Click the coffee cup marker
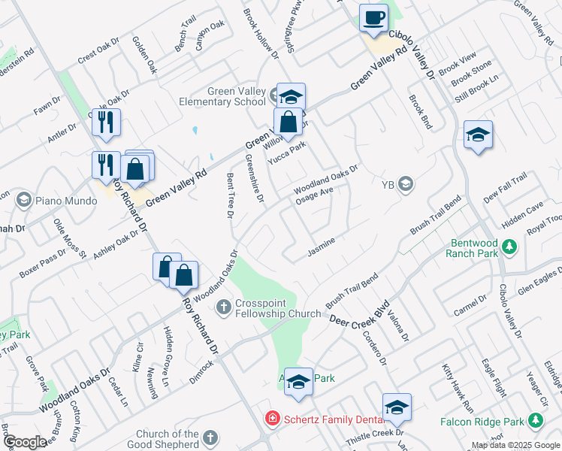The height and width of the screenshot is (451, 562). pos(373,19)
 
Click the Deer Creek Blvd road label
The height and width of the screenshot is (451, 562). pos(360,313)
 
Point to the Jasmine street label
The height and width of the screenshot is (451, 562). pos(321,247)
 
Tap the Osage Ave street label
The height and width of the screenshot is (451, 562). pos(313,194)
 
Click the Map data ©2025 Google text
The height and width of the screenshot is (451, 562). pos(515,445)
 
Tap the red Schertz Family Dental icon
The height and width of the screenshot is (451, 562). pos(271,417)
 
